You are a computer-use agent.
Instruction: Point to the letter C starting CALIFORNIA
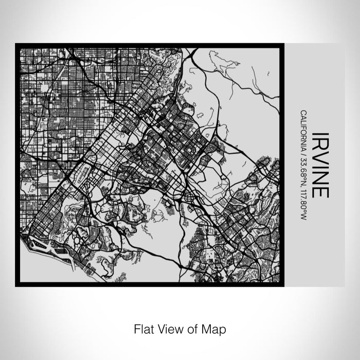click(x=304, y=113)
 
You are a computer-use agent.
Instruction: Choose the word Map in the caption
click(x=214, y=328)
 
